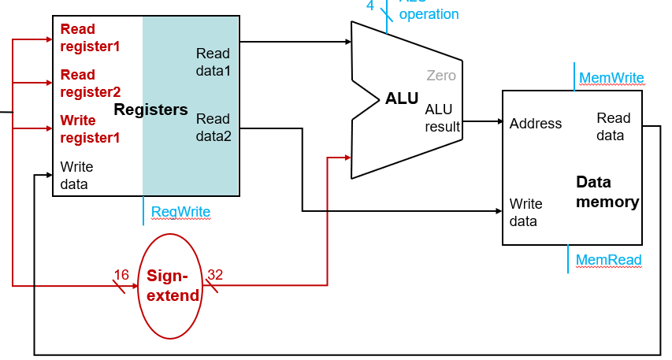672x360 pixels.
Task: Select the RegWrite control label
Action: (x=181, y=211)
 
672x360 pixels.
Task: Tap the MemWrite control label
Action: (x=611, y=78)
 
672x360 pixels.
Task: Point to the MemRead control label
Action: (x=608, y=260)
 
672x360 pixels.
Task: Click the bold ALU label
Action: (x=402, y=98)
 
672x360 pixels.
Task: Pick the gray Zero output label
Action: (x=441, y=76)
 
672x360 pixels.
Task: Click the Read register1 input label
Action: (x=90, y=38)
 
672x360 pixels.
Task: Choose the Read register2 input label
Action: (x=90, y=84)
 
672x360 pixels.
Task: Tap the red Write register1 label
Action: (x=90, y=129)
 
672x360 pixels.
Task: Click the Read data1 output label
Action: (x=213, y=62)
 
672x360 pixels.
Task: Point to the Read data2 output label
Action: (x=213, y=128)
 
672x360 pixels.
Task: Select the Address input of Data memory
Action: (x=536, y=124)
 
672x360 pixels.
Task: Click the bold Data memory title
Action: (x=607, y=192)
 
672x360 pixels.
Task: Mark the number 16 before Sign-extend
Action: (x=121, y=275)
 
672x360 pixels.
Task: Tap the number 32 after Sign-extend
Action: (x=215, y=275)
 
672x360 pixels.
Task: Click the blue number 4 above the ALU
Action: (x=370, y=6)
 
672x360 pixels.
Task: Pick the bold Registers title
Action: (x=151, y=109)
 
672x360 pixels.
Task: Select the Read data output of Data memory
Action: (x=613, y=126)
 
